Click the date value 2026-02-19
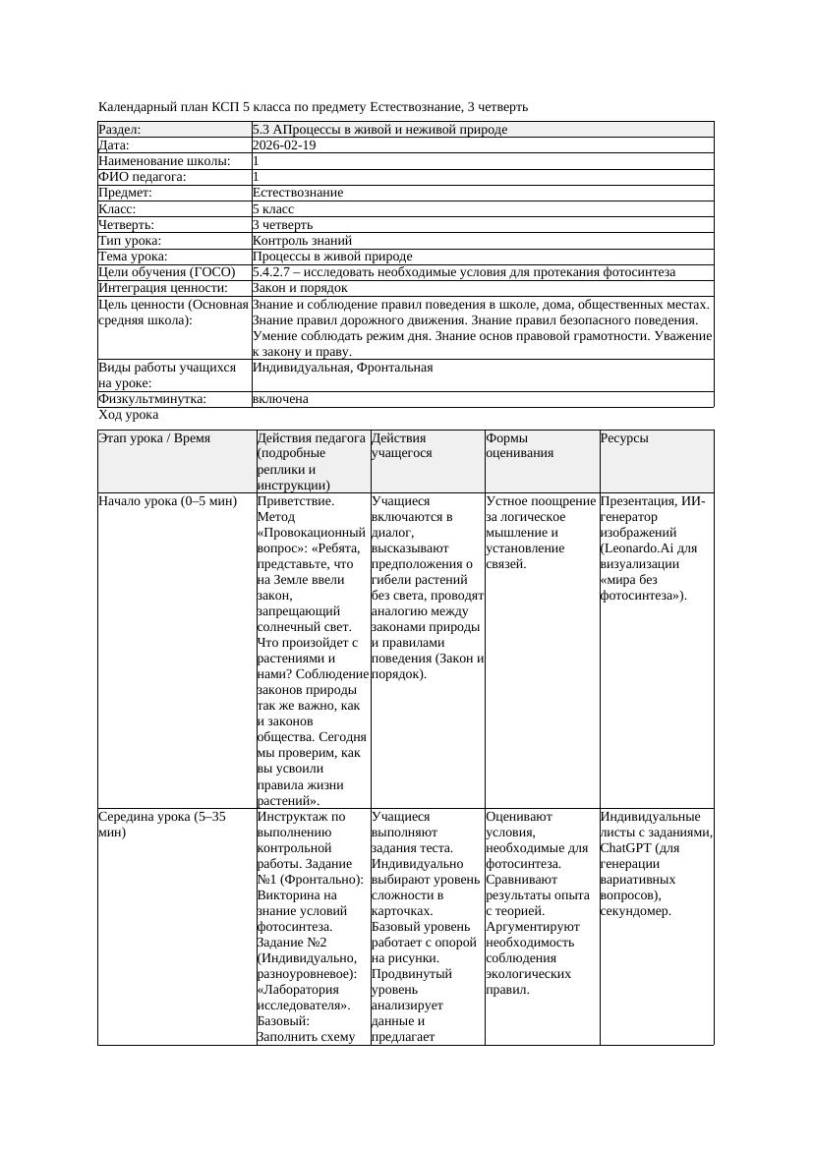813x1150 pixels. tap(284, 145)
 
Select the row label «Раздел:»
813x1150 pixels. tap(120, 130)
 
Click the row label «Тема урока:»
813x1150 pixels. tap(134, 257)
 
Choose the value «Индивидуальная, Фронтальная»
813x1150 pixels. tap(342, 368)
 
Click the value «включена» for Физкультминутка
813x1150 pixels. tap(280, 400)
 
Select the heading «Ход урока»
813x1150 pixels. tap(128, 416)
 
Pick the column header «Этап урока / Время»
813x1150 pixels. tap(154, 438)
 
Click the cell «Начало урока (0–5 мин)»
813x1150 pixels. tap(167, 501)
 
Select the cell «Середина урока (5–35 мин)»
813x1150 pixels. tap(161, 824)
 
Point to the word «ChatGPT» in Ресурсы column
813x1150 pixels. tap(626, 848)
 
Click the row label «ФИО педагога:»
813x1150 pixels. tap(143, 177)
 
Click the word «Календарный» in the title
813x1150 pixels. tap(138, 106)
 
